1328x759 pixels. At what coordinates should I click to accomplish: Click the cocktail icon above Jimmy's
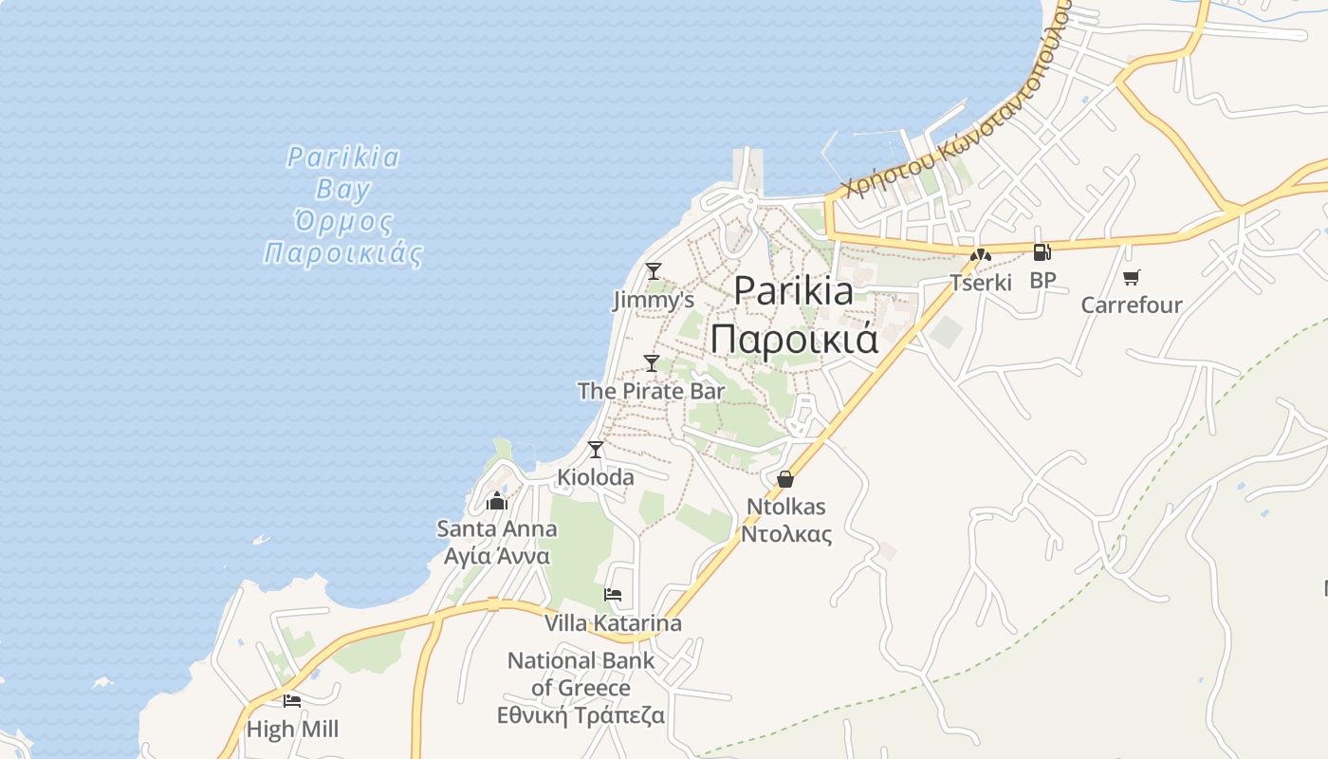(x=653, y=271)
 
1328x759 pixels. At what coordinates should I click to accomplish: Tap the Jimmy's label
(x=653, y=301)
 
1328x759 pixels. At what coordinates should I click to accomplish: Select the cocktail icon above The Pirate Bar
(x=652, y=362)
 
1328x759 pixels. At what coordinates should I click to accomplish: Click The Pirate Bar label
(x=651, y=391)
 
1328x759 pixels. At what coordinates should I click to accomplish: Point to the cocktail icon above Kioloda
(x=596, y=449)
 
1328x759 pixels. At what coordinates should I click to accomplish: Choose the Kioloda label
(x=596, y=477)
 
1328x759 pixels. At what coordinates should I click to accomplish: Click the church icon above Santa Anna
(x=497, y=501)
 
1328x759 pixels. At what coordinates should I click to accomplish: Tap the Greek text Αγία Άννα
(x=497, y=556)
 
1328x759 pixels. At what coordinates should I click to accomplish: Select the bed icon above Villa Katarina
(x=613, y=595)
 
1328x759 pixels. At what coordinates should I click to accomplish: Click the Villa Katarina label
(x=613, y=623)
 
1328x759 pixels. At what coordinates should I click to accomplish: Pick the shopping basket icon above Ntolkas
(x=785, y=479)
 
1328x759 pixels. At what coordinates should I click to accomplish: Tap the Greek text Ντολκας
(x=786, y=534)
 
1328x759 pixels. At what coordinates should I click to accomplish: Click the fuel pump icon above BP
(x=1042, y=252)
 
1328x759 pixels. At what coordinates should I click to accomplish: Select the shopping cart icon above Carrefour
(x=1131, y=277)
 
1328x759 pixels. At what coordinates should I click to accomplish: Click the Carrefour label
(x=1132, y=305)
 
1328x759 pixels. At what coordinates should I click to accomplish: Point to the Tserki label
(x=981, y=283)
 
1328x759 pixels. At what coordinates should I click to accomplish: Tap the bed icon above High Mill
(x=292, y=701)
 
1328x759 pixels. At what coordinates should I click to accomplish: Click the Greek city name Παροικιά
(x=795, y=339)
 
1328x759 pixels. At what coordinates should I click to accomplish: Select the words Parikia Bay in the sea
(x=343, y=173)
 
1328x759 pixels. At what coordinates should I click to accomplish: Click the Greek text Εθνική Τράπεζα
(x=581, y=715)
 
